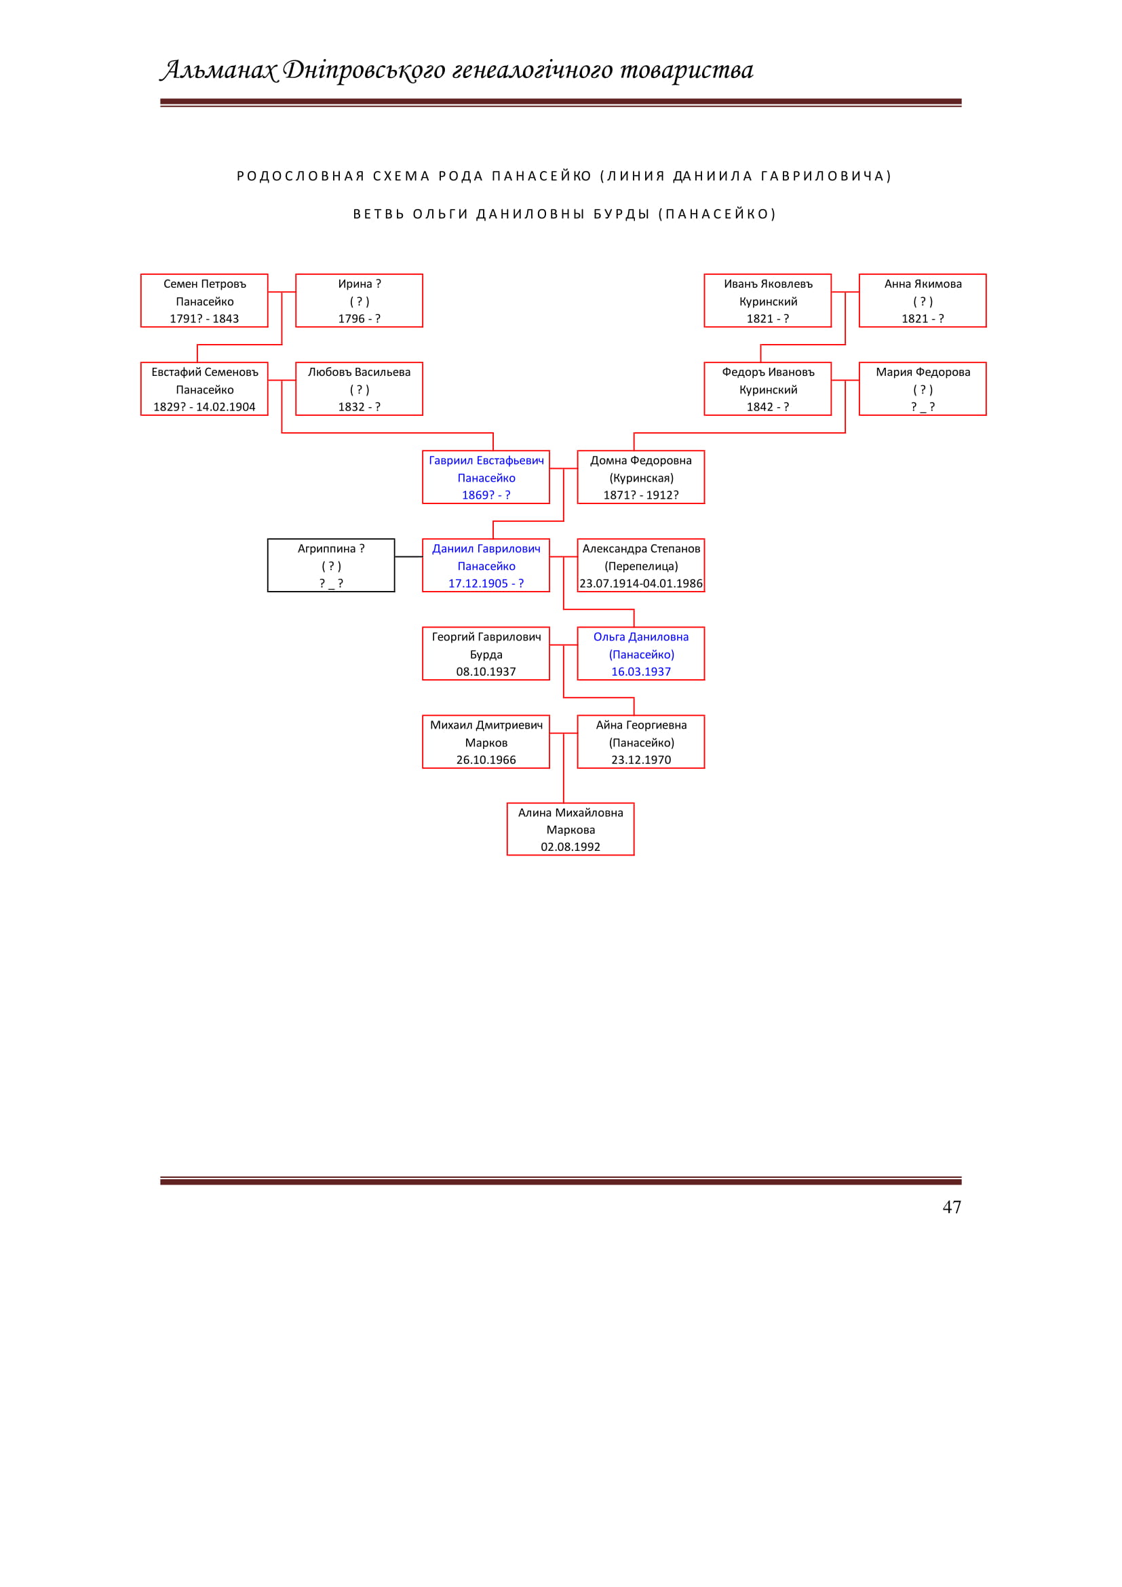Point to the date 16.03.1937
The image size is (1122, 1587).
coord(641,672)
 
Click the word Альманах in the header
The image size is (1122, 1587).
coord(219,70)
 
